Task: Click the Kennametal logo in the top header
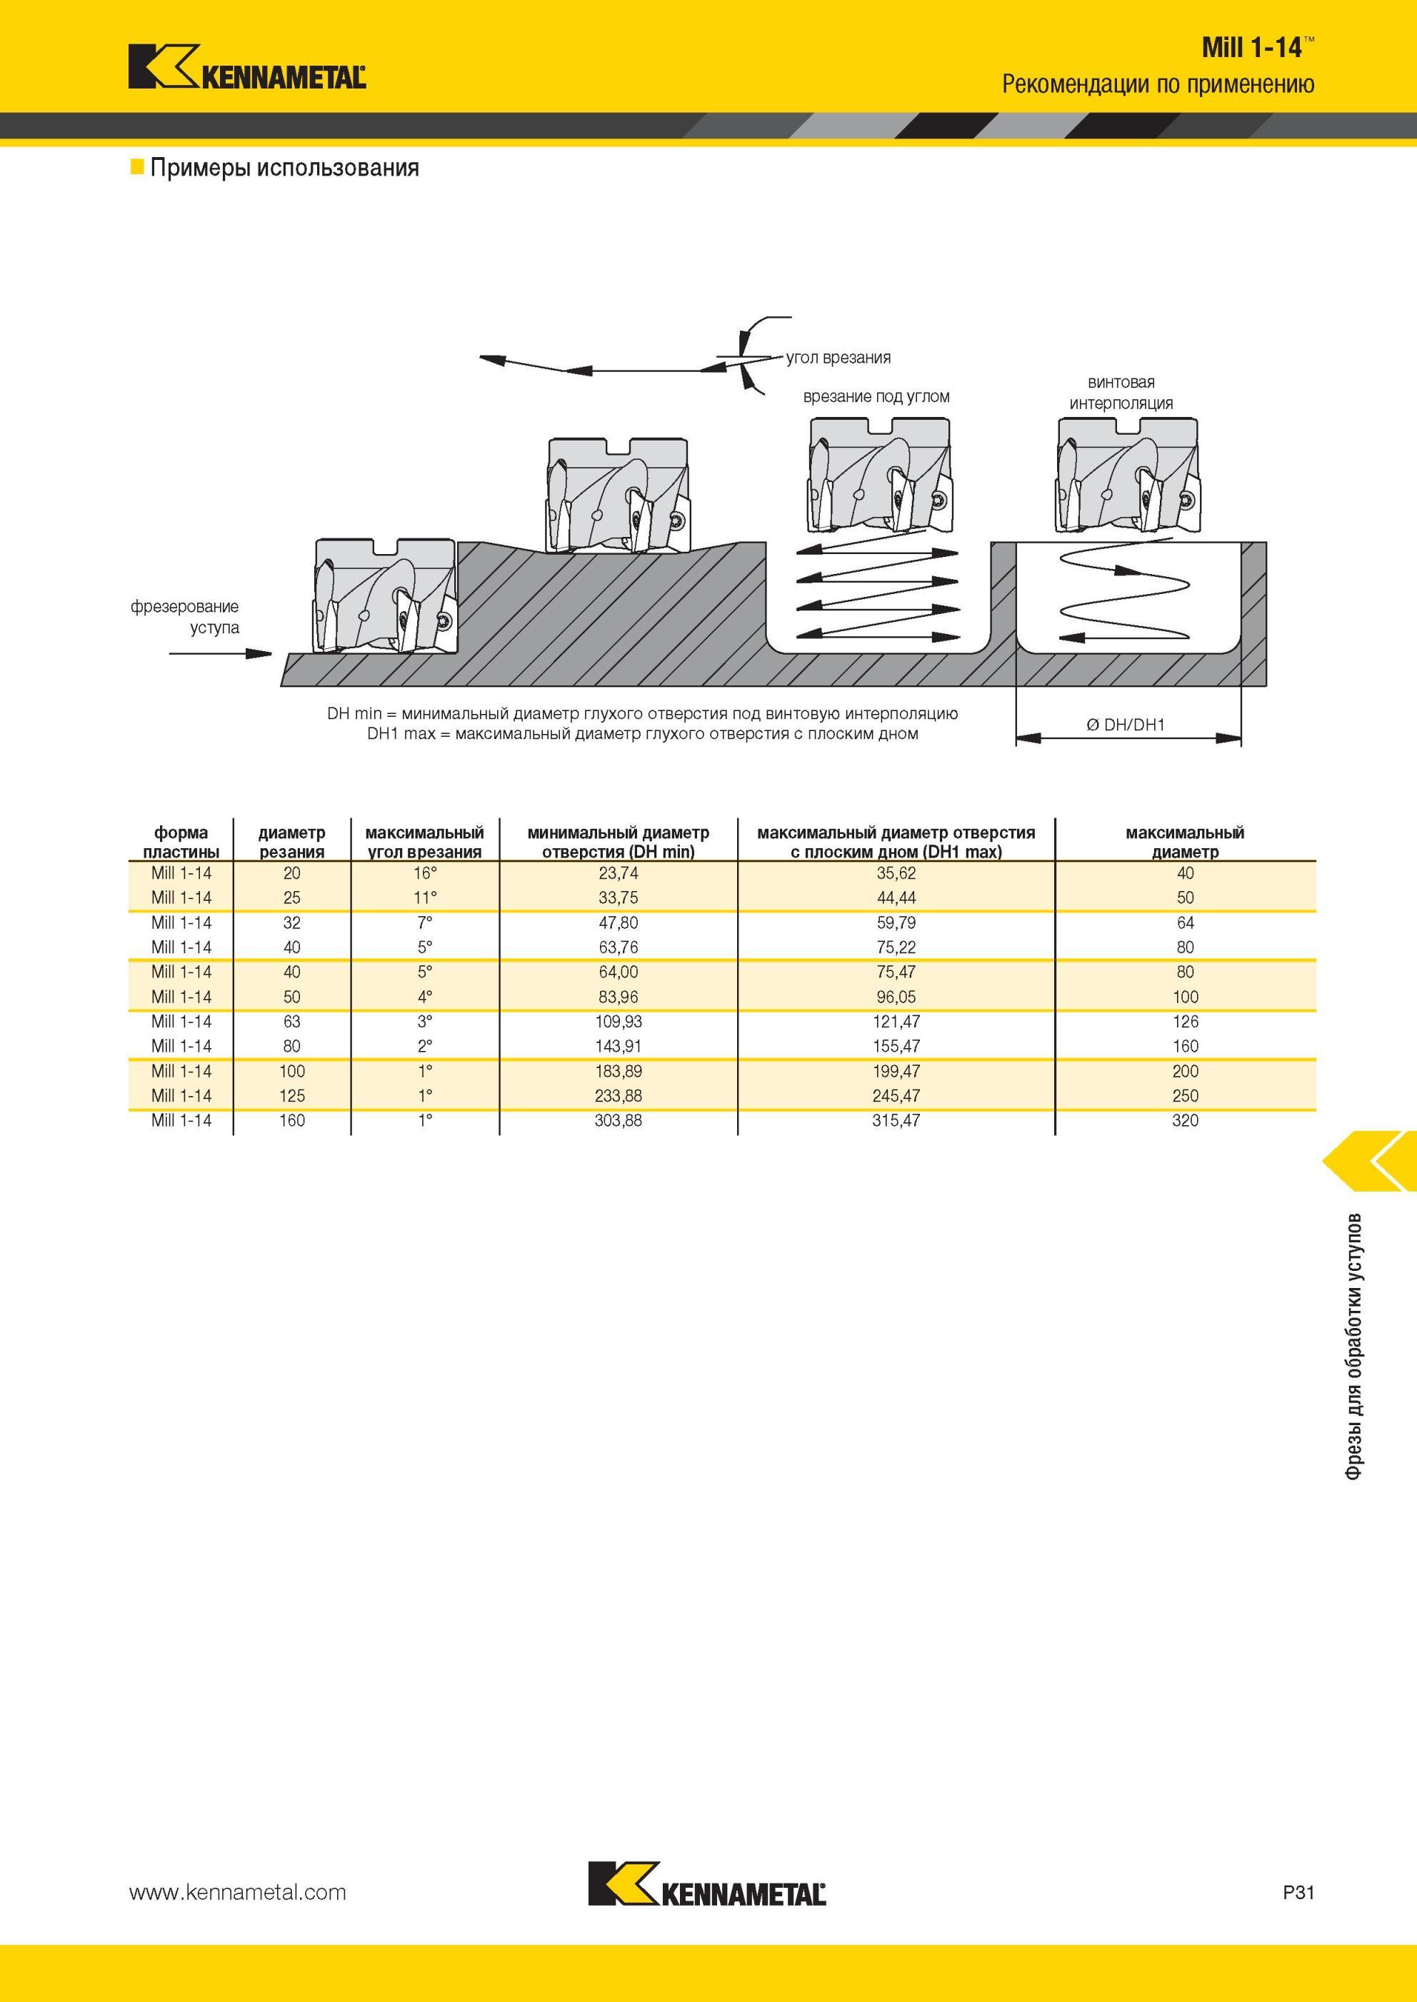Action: pyautogui.click(x=247, y=66)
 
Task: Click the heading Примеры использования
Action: pyautogui.click(x=284, y=168)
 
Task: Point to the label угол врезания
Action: pyautogui.click(x=838, y=358)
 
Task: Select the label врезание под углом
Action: pyautogui.click(x=876, y=397)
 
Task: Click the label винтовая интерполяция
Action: pyautogui.click(x=1121, y=393)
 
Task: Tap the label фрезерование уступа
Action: pyautogui.click(x=185, y=617)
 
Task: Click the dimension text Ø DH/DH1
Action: pyautogui.click(x=1126, y=725)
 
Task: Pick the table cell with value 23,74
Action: pyautogui.click(x=618, y=873)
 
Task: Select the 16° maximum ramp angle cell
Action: pyautogui.click(x=425, y=873)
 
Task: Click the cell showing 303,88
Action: pyautogui.click(x=618, y=1120)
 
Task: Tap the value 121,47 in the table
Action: pyautogui.click(x=896, y=1022)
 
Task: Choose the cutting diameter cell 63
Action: pyautogui.click(x=291, y=1022)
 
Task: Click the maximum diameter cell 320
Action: pyautogui.click(x=1185, y=1120)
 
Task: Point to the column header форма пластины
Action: pyautogui.click(x=181, y=842)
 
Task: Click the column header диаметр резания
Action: pyautogui.click(x=291, y=842)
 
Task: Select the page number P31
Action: pyautogui.click(x=1298, y=1892)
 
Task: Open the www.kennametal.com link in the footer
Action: pyautogui.click(x=237, y=1892)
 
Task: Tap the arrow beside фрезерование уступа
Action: pyautogui.click(x=221, y=653)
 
